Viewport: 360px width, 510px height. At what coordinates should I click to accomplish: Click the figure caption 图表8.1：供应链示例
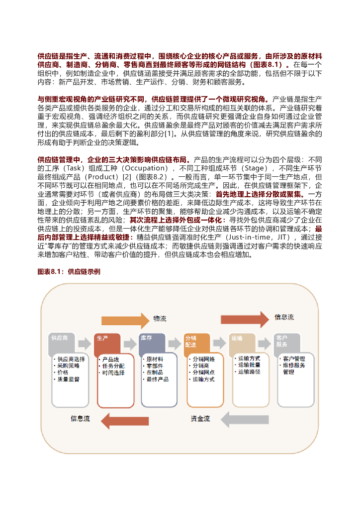69,271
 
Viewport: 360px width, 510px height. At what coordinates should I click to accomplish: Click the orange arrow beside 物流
125,319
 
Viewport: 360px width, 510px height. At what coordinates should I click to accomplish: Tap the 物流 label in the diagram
160,319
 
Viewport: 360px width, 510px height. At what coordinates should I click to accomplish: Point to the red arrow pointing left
121,419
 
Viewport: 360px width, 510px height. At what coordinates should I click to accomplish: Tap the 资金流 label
200,419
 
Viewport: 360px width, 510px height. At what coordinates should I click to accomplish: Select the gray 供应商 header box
63,341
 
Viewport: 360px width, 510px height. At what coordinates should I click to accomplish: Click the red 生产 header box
107,342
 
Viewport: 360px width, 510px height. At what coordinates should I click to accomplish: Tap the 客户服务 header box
287,342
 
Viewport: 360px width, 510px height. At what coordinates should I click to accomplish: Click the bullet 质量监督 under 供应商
68,379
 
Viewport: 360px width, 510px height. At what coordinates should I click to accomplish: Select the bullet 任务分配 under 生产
113,366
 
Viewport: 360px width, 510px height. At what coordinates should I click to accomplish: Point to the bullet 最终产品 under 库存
158,379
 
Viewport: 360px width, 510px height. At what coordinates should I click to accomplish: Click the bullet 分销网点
203,372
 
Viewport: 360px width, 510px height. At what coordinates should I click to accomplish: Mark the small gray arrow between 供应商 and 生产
85,343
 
